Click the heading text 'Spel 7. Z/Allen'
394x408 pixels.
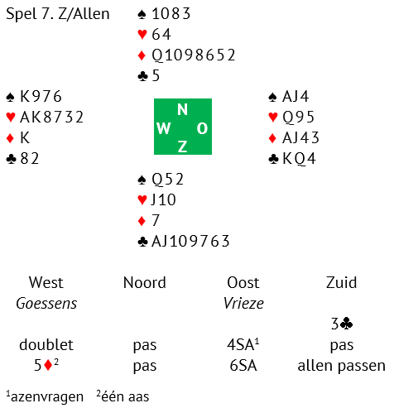(58, 14)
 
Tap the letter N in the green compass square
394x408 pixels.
(182, 109)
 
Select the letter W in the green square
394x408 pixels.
(164, 128)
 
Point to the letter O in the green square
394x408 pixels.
(202, 128)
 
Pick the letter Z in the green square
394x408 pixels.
(182, 146)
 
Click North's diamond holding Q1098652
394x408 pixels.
(194, 55)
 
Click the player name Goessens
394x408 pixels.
(46, 304)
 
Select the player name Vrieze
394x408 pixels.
(243, 303)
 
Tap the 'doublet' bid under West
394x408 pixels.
(46, 344)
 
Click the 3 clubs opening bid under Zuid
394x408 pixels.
(342, 324)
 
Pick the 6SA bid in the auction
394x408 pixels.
(243, 366)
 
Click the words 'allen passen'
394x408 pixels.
(342, 366)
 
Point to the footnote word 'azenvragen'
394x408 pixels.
(47, 397)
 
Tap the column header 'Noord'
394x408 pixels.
(145, 283)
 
